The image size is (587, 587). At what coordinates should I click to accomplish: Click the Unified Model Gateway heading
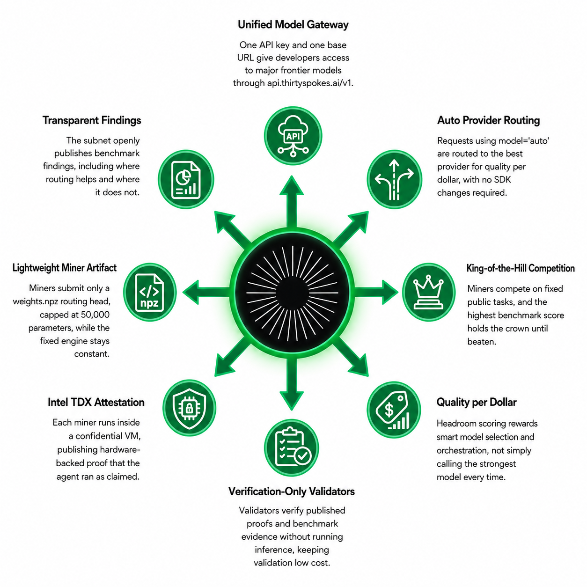293,25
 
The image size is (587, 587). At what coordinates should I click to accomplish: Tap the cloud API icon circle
293,136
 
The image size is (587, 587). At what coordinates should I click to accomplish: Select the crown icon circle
428,292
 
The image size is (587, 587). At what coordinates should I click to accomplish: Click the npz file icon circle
150,292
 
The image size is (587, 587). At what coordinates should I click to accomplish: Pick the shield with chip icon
189,408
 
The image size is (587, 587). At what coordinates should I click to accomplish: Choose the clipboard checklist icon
292,448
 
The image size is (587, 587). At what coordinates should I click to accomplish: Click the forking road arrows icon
394,179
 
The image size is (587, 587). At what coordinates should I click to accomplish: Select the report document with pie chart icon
186,179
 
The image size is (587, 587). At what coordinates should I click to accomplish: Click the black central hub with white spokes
292,292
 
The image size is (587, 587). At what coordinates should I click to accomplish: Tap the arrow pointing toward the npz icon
206,292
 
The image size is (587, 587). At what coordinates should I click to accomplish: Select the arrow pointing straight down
292,384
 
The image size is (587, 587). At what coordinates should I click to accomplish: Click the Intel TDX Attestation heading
96,402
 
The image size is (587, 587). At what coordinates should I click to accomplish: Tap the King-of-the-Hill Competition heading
521,268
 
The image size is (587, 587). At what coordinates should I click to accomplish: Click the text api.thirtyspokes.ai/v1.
310,83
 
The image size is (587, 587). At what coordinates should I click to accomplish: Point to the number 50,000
95,315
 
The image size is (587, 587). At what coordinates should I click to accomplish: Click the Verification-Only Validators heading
292,492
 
